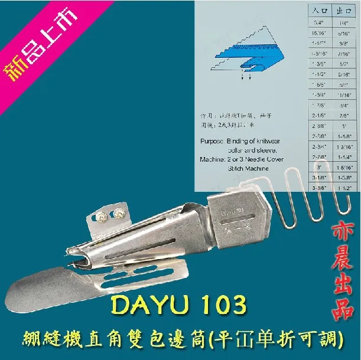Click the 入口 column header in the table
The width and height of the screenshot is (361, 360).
click(x=318, y=10)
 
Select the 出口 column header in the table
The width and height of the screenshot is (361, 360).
click(x=343, y=10)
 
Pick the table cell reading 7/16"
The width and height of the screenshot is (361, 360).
click(x=343, y=54)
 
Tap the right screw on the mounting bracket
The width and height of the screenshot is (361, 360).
click(x=121, y=211)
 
